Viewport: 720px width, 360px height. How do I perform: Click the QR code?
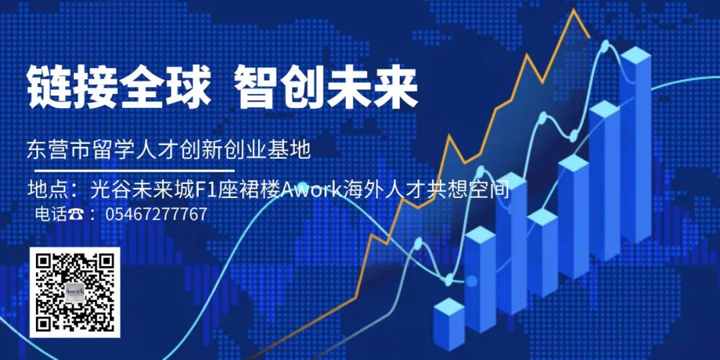click(75, 293)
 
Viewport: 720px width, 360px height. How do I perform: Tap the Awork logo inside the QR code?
click(75, 293)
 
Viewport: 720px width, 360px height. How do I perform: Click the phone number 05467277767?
click(156, 214)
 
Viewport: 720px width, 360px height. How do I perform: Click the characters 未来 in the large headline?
click(371, 87)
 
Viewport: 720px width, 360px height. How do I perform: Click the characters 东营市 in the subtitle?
click(55, 150)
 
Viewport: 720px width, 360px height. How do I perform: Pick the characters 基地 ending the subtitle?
click(293, 150)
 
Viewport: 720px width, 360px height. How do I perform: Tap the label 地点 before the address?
click(47, 190)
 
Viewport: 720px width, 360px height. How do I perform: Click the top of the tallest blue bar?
click(635, 55)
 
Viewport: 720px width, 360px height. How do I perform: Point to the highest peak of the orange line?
click(573, 10)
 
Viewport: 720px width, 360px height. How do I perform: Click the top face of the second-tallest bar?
click(605, 109)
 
